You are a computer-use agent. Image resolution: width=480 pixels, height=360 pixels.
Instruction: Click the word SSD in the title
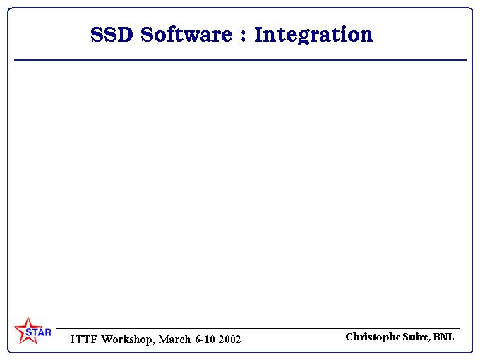pyautogui.click(x=112, y=34)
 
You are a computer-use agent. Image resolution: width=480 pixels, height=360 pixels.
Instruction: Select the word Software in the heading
pyautogui.click(x=186, y=34)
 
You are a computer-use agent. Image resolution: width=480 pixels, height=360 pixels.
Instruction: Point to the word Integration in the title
pyautogui.click(x=314, y=35)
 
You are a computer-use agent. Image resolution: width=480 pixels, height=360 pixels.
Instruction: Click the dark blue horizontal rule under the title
pyautogui.click(x=240, y=60)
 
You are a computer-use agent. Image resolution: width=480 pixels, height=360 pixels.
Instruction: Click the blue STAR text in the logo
pyautogui.click(x=38, y=332)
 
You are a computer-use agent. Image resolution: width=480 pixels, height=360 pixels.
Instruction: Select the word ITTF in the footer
pyautogui.click(x=83, y=340)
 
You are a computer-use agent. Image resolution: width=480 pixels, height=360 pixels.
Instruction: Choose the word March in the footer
pyautogui.click(x=174, y=340)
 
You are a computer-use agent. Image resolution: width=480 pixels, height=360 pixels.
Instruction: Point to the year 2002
pyautogui.click(x=229, y=340)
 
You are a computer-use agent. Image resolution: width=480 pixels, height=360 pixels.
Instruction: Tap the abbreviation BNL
pyautogui.click(x=443, y=337)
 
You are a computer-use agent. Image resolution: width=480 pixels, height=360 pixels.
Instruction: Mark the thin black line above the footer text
pyautogui.click(x=258, y=328)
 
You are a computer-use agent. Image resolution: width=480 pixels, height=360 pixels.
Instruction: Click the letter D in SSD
pyautogui.click(x=125, y=35)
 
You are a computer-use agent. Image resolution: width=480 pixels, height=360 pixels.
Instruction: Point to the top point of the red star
pyautogui.click(x=28, y=318)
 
